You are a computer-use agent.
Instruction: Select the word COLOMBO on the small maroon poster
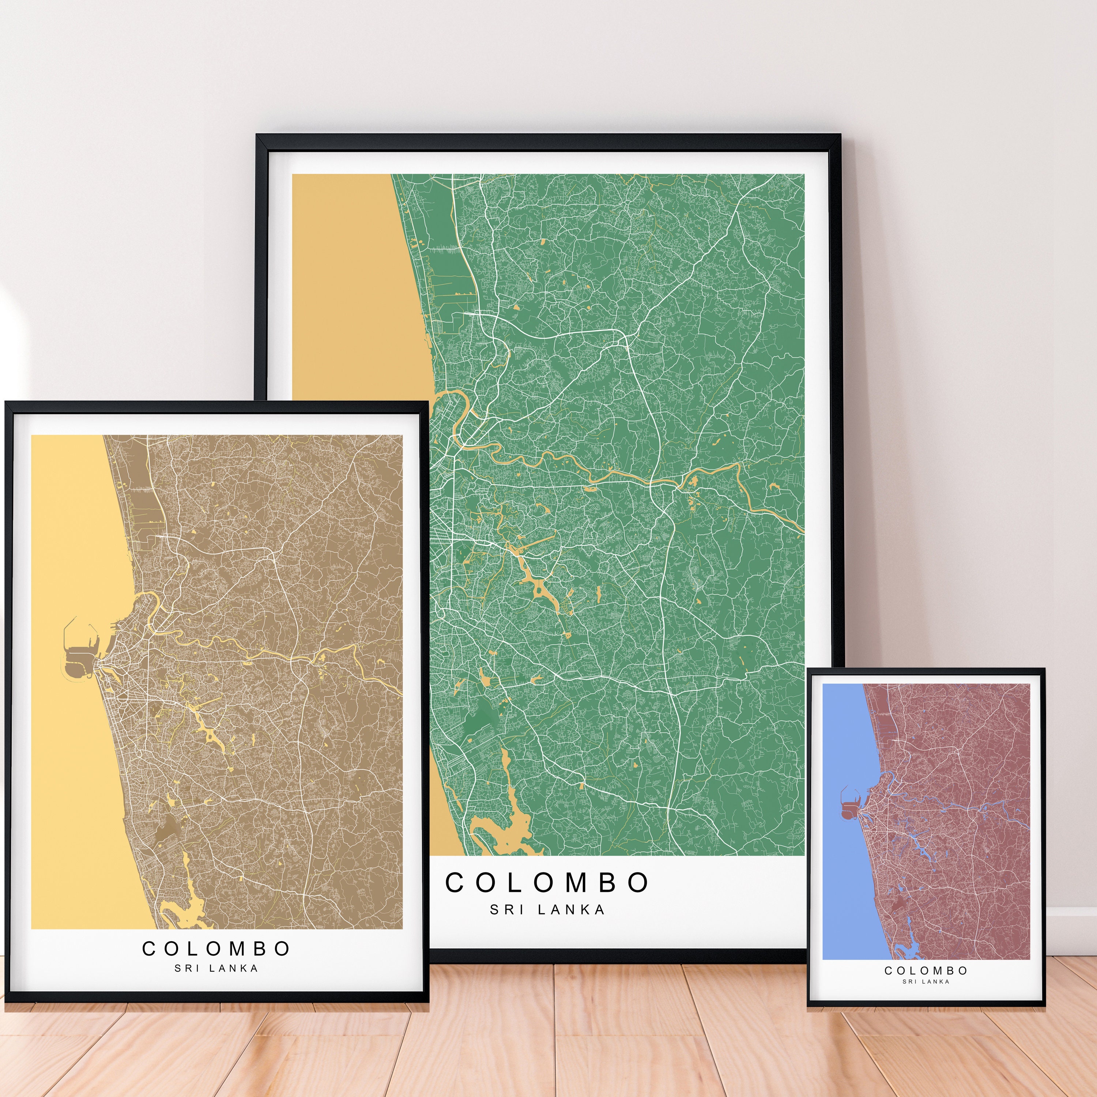click(926, 970)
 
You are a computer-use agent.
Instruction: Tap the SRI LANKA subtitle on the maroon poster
click(926, 981)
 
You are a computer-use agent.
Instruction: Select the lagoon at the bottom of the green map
click(500, 829)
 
